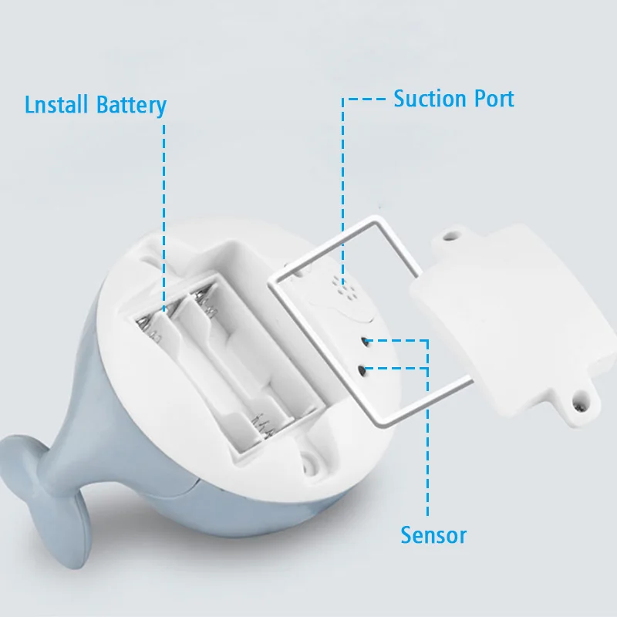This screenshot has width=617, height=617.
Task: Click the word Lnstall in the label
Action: [x=57, y=104]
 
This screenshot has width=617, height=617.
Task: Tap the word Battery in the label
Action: [x=131, y=106]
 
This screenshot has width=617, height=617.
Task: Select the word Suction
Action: [x=428, y=99]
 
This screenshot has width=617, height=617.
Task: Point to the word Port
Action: [x=491, y=99]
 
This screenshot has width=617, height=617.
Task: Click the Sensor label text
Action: [x=433, y=534]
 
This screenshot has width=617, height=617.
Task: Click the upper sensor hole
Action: [x=363, y=342]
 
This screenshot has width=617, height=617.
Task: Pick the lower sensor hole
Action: [x=361, y=370]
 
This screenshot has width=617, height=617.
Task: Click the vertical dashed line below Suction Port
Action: [x=342, y=185]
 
